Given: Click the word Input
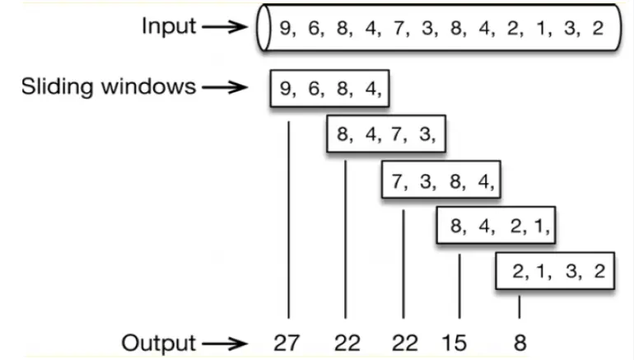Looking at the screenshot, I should click(169, 26).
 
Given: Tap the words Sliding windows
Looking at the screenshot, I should click(109, 86).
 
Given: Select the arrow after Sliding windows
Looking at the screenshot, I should click(225, 86).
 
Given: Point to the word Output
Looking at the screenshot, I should click(159, 343).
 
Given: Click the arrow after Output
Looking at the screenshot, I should click(225, 343).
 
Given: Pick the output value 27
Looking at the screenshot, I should click(287, 343).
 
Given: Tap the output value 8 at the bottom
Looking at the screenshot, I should click(520, 343).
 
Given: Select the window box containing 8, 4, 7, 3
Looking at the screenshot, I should click(386, 133).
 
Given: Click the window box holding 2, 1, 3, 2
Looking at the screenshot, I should click(554, 271).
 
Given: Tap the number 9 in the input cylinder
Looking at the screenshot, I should click(286, 28).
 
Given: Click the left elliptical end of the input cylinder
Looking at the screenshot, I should click(263, 28).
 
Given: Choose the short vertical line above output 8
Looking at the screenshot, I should click(520, 306).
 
